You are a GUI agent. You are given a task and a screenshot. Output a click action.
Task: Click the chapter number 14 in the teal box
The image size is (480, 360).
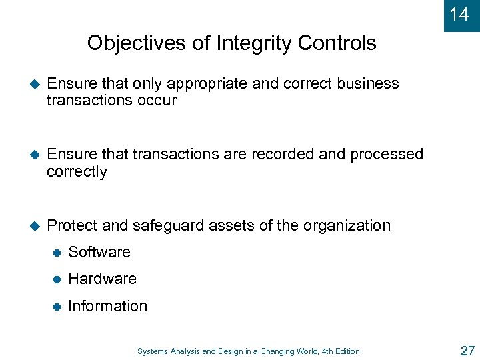pyautogui.click(x=459, y=15)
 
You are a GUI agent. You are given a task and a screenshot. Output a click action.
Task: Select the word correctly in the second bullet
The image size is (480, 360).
pyautogui.click(x=77, y=172)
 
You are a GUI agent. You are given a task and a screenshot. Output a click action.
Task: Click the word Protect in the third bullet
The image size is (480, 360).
pyautogui.click(x=73, y=225)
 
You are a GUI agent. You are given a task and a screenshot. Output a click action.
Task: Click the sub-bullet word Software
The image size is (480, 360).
pyautogui.click(x=99, y=252)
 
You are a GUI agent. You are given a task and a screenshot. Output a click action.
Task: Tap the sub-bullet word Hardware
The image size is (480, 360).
pyautogui.click(x=102, y=279)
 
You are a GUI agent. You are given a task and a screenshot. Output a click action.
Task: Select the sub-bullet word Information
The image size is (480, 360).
pyautogui.click(x=107, y=306)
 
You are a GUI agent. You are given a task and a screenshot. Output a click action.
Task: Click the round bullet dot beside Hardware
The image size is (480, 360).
pyautogui.click(x=57, y=279)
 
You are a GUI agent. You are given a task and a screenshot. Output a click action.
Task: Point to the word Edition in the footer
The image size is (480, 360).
pyautogui.click(x=346, y=351)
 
